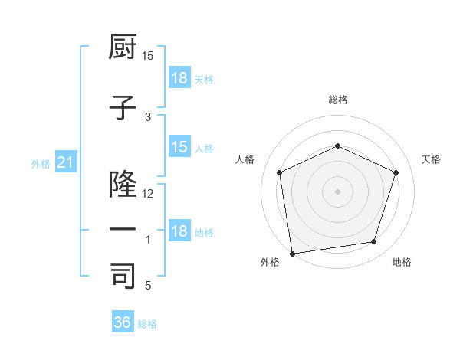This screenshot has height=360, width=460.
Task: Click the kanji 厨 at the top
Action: (x=123, y=48)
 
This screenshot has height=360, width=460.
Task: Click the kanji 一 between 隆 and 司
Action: (x=123, y=230)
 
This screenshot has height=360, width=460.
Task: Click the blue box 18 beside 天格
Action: (x=179, y=78)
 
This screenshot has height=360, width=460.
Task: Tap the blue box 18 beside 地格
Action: (x=179, y=232)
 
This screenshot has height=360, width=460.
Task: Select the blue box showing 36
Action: (x=123, y=322)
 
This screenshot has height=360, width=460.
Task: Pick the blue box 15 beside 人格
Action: (x=179, y=147)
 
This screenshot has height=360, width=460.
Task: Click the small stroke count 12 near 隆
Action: (x=149, y=194)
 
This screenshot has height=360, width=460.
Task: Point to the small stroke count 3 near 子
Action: (x=149, y=117)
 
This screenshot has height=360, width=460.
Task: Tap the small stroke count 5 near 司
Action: (x=148, y=286)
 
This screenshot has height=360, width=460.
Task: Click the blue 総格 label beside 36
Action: (x=147, y=324)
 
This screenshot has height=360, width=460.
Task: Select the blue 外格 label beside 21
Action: (x=41, y=164)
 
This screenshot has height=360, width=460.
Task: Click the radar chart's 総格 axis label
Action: (x=338, y=100)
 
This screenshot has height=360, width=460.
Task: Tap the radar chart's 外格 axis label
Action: (x=270, y=262)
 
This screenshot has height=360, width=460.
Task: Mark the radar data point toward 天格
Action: (x=396, y=172)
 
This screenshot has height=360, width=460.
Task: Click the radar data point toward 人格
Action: (x=280, y=172)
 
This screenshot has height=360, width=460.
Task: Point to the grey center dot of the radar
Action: (x=338, y=191)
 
